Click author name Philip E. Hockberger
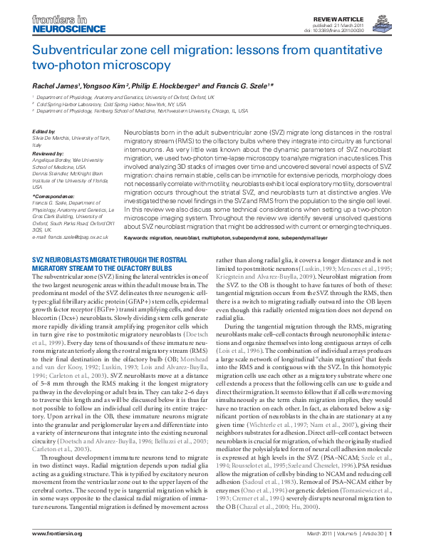tap(162, 86)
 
